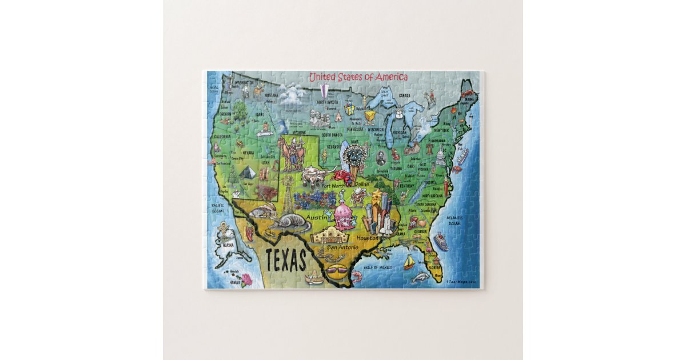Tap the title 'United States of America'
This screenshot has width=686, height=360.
(x=358, y=77)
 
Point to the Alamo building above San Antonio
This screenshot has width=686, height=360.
(x=331, y=235)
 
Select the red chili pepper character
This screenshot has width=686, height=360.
(x=250, y=232)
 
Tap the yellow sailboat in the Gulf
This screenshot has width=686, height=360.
(x=409, y=263)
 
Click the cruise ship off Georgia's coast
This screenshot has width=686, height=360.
(x=441, y=242)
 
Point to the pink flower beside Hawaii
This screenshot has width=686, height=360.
(x=246, y=279)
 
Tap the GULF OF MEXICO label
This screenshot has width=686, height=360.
(x=377, y=267)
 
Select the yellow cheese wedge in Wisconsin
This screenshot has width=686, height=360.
(x=371, y=117)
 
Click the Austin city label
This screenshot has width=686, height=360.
(x=317, y=218)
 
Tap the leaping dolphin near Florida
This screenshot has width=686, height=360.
(x=420, y=277)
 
